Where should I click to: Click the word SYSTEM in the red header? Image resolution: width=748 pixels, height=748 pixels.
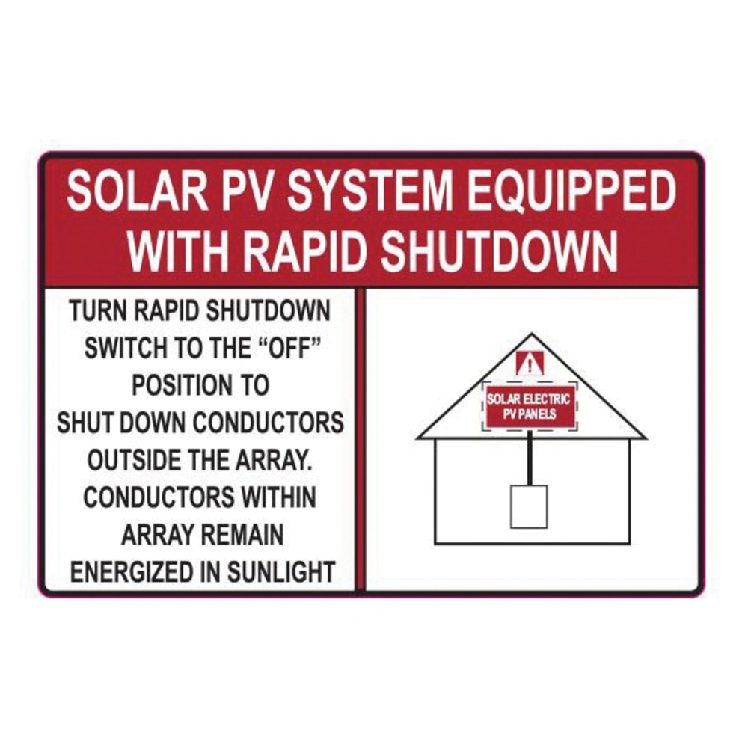pyautogui.click(x=370, y=194)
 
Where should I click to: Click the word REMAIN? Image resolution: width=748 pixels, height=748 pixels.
pyautogui.click(x=240, y=535)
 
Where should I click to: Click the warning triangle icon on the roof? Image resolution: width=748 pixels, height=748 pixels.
pyautogui.click(x=530, y=366)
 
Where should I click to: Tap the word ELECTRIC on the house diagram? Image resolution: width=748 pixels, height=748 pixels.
pyautogui.click(x=548, y=399)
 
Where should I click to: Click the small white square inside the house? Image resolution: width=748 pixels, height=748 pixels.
pyautogui.click(x=529, y=506)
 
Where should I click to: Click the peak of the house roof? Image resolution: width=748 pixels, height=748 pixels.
pyautogui.click(x=530, y=334)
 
